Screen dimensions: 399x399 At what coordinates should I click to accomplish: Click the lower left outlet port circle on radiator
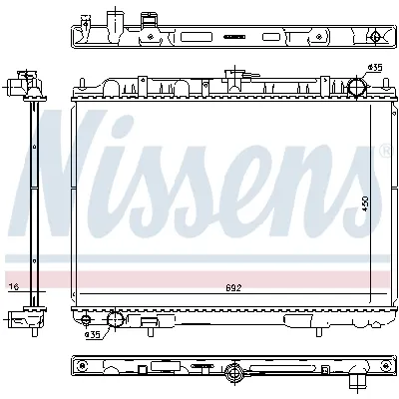pyautogui.click(x=114, y=321)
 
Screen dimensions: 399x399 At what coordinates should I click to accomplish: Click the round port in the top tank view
pyautogui.click(x=374, y=39)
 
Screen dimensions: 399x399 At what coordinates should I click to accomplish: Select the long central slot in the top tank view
pyautogui.click(x=234, y=36)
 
